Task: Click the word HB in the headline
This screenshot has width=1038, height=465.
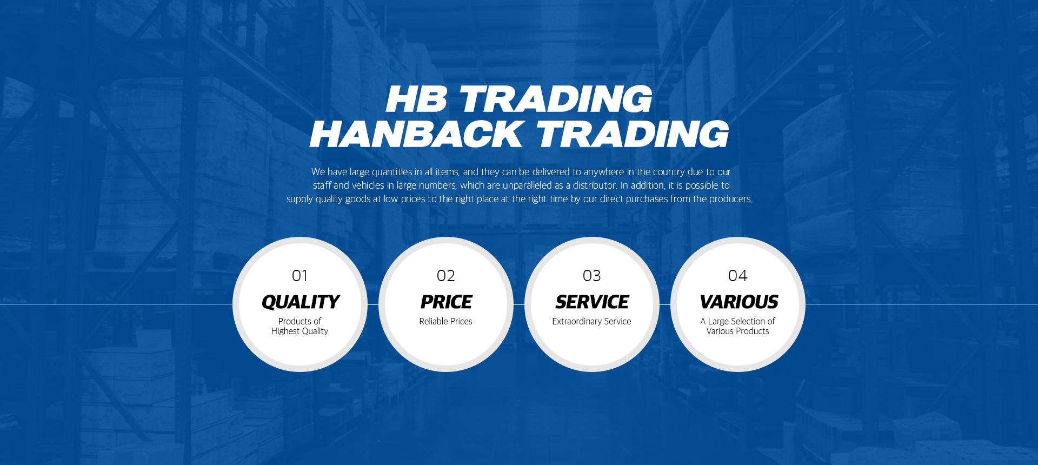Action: tap(416, 99)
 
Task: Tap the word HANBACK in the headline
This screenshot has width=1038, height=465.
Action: tap(416, 134)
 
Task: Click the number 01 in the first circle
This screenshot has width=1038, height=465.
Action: tap(300, 276)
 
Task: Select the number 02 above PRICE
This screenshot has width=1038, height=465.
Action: tap(446, 276)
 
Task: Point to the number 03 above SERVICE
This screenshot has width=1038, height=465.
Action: tap(592, 276)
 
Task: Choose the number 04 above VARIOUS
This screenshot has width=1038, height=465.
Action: tap(738, 276)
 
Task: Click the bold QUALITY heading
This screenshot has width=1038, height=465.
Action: tap(301, 302)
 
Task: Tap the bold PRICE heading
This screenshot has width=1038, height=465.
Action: tap(447, 302)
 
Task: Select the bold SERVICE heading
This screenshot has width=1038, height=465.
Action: tap(593, 302)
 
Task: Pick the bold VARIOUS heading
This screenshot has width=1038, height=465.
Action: tap(739, 302)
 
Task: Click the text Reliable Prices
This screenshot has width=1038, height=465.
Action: tap(446, 321)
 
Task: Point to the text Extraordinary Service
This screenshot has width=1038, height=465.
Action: tap(591, 321)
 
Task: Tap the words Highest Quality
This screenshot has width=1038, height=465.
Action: tap(300, 331)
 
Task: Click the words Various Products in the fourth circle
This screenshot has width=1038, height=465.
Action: tap(737, 331)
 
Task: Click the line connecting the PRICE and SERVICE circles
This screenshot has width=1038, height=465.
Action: tap(519, 304)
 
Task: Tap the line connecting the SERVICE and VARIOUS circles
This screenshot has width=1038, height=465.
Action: tap(665, 304)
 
